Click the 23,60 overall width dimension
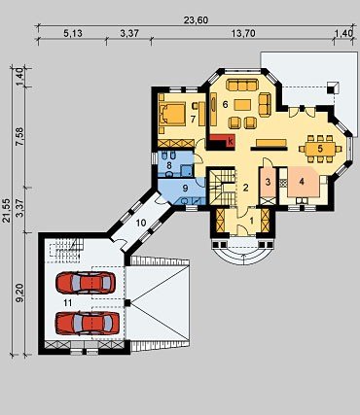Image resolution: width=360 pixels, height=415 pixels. (x=196, y=20)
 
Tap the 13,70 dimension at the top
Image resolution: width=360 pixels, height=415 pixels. (x=243, y=33)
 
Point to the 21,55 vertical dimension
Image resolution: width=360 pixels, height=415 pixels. (x=6, y=211)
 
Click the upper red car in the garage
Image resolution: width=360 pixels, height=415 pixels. (x=86, y=283)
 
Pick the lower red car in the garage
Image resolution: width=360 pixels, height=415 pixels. (x=88, y=323)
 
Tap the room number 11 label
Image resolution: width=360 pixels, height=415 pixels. (x=68, y=302)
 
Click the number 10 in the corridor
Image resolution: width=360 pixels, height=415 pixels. (x=141, y=224)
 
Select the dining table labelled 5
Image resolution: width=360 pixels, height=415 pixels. (x=320, y=149)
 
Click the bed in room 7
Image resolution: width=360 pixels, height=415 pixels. (x=172, y=114)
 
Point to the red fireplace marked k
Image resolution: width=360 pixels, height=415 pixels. (x=223, y=141)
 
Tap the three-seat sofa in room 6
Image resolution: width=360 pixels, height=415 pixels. (x=241, y=85)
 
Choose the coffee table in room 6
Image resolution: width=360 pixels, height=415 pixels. (x=242, y=105)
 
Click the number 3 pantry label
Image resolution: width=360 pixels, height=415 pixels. (x=268, y=182)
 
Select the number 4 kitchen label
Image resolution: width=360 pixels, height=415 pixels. (x=302, y=182)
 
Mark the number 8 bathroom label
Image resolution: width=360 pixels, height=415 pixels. (x=168, y=165)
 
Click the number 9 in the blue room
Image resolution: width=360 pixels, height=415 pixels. (x=185, y=187)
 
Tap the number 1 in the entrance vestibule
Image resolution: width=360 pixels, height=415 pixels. (x=252, y=221)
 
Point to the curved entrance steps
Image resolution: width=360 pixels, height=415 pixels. (x=243, y=255)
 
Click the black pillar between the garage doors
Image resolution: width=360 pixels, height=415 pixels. (x=127, y=303)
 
